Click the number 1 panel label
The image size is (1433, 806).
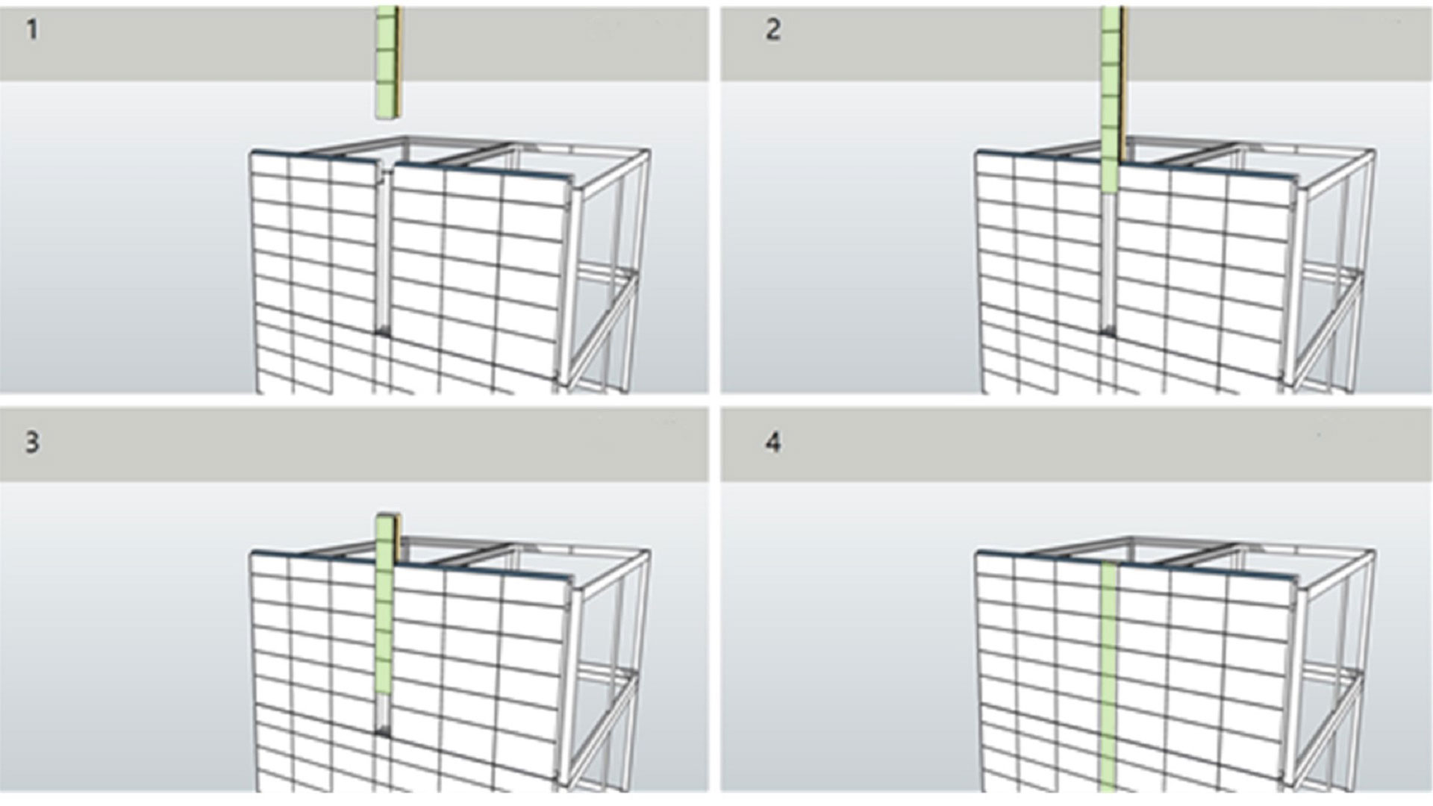(x=32, y=30)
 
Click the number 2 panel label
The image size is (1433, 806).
(x=773, y=30)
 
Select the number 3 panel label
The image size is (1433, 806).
(x=32, y=442)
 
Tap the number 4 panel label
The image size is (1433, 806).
(x=773, y=442)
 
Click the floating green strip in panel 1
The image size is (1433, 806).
(x=388, y=63)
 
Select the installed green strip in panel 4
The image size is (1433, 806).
(x=1108, y=677)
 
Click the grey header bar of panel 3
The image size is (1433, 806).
(x=354, y=444)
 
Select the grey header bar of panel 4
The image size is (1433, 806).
(x=1076, y=444)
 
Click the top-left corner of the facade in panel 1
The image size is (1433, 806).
(x=251, y=152)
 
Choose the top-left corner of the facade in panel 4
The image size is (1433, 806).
(x=977, y=552)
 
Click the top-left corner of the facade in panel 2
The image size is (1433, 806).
(x=977, y=152)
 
